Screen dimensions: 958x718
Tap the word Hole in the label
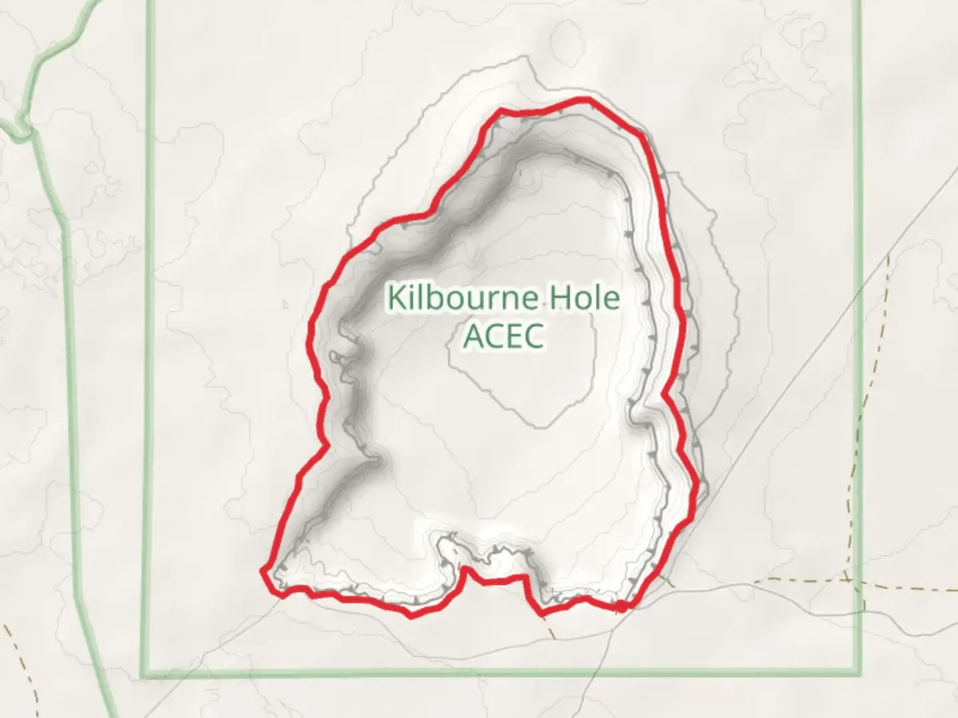coord(583,298)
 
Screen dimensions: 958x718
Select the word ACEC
coord(504,336)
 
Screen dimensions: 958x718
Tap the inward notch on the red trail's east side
coord(664,395)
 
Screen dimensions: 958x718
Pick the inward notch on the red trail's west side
coord(326,399)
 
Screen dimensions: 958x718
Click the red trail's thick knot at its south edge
coord(620,606)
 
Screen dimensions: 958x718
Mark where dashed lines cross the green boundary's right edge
coord(859,580)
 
